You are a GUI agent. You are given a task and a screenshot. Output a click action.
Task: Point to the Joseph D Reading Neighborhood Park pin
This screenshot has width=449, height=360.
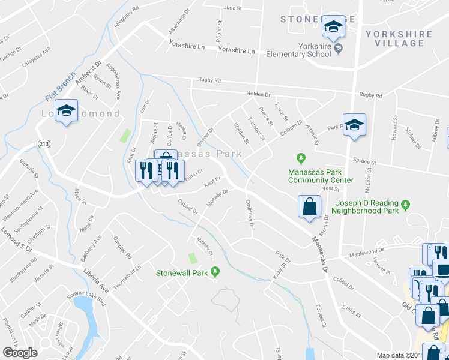tap(406, 205)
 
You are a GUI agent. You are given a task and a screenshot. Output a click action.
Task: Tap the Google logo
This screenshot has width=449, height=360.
tap(20, 353)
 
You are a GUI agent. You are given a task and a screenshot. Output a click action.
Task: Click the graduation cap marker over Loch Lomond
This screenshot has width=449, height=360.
tap(67, 111)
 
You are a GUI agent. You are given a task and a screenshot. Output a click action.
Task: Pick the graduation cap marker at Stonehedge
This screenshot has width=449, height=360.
tap(333, 27)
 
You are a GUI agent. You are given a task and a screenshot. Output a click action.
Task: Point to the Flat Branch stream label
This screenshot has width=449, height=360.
tap(58, 88)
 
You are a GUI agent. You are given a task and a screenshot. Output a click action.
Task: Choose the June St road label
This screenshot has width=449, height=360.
tap(232, 8)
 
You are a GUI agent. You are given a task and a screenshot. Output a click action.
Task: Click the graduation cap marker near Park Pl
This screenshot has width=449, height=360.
tap(354, 125)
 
